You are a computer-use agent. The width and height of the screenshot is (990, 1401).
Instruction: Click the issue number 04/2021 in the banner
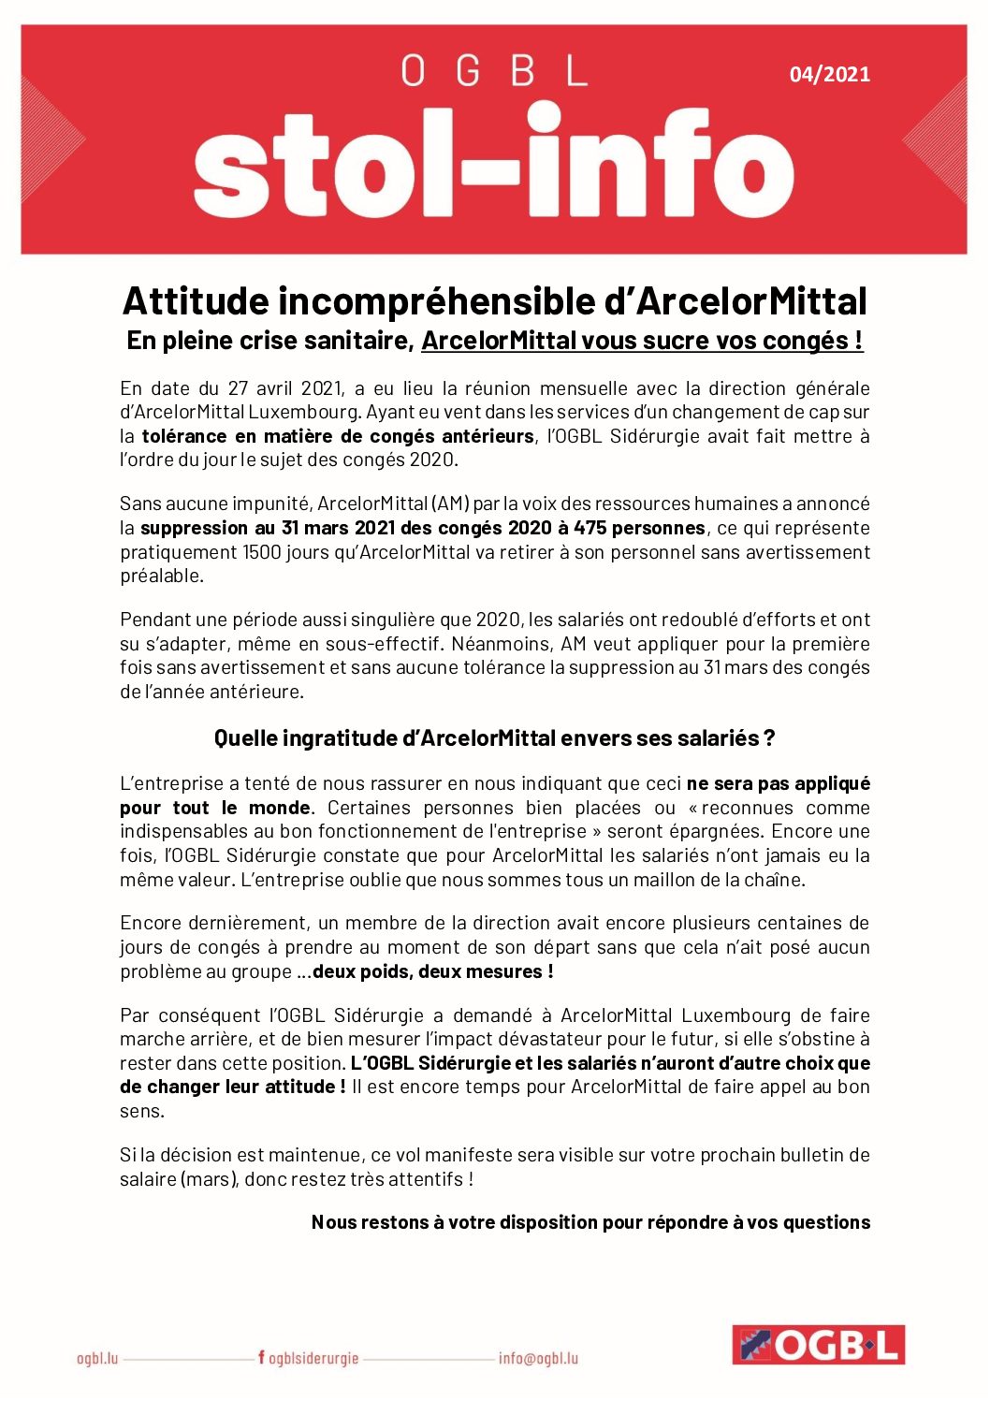click(x=829, y=74)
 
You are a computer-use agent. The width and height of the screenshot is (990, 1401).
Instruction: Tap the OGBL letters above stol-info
click(x=494, y=71)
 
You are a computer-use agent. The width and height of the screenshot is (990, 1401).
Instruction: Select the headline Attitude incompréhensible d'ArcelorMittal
click(x=494, y=301)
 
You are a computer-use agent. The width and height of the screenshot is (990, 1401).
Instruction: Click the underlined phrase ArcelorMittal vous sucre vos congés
click(x=641, y=341)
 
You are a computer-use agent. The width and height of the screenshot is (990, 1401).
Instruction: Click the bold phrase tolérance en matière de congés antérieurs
click(x=338, y=436)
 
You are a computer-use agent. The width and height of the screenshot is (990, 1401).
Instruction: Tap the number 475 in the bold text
click(x=590, y=528)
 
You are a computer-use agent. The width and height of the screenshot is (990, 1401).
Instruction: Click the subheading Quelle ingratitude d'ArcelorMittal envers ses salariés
click(x=494, y=738)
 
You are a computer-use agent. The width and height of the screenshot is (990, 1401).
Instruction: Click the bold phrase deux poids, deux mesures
click(x=432, y=971)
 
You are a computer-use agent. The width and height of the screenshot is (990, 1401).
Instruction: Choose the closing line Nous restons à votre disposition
click(x=590, y=1222)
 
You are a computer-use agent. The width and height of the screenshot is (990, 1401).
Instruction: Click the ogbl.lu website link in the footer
click(x=97, y=1358)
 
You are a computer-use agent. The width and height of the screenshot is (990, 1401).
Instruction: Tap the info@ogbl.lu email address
click(x=538, y=1358)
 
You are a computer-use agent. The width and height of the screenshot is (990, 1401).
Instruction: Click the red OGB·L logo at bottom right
click(x=818, y=1346)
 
